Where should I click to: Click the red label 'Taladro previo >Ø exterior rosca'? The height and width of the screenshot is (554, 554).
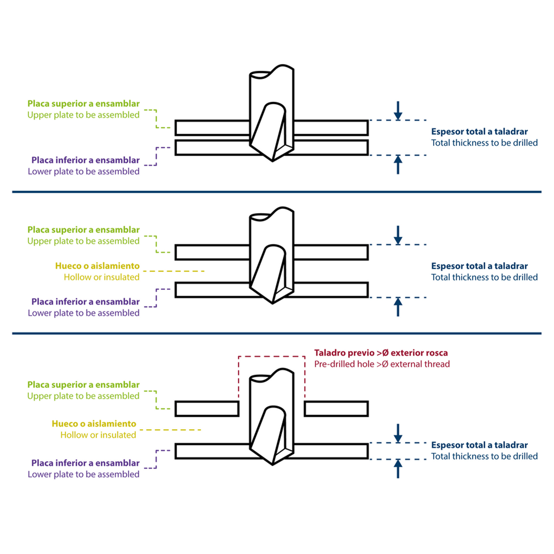(381, 353)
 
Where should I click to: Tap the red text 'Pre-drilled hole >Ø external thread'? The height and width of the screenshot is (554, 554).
(382, 364)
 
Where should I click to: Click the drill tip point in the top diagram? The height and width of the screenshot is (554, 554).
(272, 161)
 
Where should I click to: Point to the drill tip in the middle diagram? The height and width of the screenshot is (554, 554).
(272, 303)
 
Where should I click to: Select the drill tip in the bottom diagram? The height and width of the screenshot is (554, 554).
(272, 465)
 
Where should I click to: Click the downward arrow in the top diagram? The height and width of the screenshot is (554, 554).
(398, 111)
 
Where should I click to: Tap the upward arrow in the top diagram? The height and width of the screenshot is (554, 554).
(398, 164)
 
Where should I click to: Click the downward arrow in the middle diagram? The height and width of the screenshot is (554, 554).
(398, 235)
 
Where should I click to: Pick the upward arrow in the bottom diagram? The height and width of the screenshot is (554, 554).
(398, 469)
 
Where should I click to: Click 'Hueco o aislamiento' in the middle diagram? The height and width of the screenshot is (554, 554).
(97, 266)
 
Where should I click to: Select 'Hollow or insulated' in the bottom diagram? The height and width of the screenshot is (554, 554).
(98, 435)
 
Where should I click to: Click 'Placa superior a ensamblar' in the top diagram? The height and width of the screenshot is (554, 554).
(83, 104)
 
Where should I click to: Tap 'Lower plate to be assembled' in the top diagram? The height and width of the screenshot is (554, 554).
(84, 171)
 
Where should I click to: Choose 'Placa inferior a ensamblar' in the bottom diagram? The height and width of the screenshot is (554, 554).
(85, 463)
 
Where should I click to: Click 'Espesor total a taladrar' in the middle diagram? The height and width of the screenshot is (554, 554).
(479, 266)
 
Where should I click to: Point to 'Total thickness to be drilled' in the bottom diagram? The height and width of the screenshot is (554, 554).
(484, 456)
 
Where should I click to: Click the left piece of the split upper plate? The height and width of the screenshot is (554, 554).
(207, 409)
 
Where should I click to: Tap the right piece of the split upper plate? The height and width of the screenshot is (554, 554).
(336, 409)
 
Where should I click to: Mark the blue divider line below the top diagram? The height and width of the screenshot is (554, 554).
(277, 192)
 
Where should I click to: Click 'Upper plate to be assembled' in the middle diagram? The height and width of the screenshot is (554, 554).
(83, 241)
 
